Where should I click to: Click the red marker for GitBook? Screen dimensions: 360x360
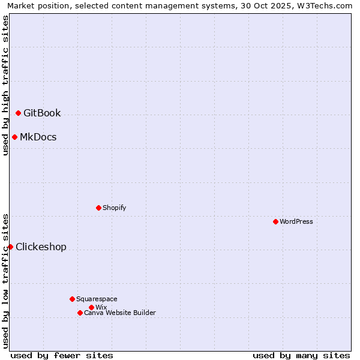18,113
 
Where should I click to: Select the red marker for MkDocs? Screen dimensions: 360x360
14,137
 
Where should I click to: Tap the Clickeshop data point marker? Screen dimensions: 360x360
10,247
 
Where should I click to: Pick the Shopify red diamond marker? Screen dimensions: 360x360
98,208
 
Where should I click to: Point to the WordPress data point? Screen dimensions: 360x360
275,221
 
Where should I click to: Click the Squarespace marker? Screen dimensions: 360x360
72,299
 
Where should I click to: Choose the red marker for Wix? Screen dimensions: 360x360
91,307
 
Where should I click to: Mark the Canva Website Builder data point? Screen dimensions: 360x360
80,313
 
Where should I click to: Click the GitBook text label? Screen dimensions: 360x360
42,113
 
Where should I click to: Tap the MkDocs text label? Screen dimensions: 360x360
38,137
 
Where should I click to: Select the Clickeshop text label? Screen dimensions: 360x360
41,247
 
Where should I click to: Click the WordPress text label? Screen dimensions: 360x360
296,221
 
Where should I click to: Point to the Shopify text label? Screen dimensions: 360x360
115,208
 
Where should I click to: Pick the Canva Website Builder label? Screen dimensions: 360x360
120,313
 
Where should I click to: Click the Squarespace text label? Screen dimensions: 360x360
97,299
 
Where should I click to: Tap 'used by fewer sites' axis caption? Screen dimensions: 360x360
62,355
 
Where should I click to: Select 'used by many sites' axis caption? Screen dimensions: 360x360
301,355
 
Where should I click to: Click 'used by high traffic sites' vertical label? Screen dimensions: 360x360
5,85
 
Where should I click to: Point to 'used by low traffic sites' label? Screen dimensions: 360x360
5,281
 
